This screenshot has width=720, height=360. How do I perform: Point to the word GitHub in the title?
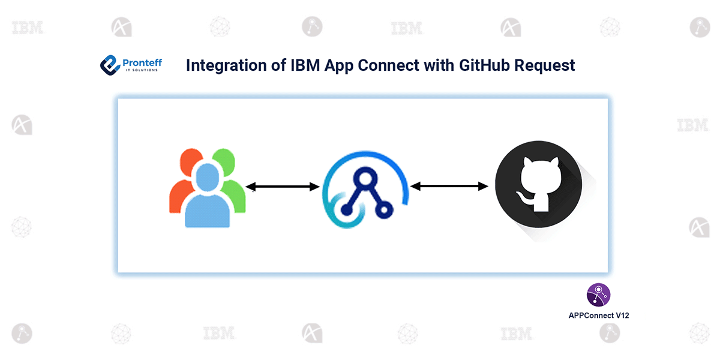pyautogui.click(x=490, y=65)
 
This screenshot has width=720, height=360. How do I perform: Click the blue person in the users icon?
pyautogui.click(x=207, y=198)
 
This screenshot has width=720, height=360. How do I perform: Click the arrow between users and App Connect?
pyautogui.click(x=282, y=187)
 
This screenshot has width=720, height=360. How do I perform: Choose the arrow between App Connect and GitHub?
pyautogui.click(x=449, y=187)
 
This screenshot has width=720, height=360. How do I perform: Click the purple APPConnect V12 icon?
pyautogui.click(x=598, y=295)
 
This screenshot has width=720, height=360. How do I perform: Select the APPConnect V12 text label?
pyautogui.click(x=598, y=314)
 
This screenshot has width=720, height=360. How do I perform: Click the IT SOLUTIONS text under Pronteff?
pyautogui.click(x=142, y=70)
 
